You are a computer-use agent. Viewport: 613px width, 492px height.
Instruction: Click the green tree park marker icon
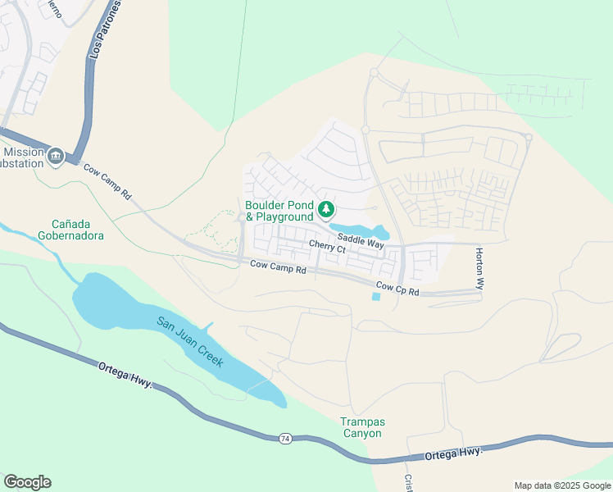pyautogui.click(x=326, y=210)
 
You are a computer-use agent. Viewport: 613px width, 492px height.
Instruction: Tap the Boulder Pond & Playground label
pyautogui.click(x=279, y=211)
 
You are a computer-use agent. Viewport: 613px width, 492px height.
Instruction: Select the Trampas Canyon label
pyautogui.click(x=361, y=427)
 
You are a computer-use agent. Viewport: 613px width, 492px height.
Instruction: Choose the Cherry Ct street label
pyautogui.click(x=328, y=246)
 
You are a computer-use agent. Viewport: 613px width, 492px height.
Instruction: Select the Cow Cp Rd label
pyautogui.click(x=397, y=289)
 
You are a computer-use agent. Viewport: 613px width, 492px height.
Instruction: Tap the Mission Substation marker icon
pyautogui.click(x=56, y=156)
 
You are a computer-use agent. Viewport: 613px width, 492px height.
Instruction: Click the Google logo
pyautogui.click(x=27, y=482)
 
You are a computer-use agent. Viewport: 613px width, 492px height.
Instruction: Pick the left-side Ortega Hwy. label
pyautogui.click(x=125, y=376)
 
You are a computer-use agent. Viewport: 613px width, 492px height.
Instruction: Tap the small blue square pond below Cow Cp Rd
pyautogui.click(x=376, y=297)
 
